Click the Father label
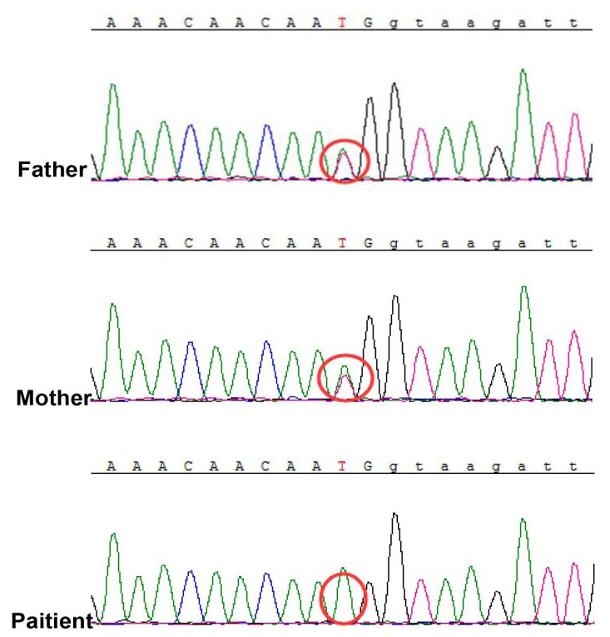(52, 169)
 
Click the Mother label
(53, 398)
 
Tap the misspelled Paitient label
(52, 620)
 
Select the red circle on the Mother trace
(345, 355)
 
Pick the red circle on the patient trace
(343, 574)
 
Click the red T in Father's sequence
(342, 22)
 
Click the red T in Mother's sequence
(342, 243)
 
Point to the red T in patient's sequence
(342, 466)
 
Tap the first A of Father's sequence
(112, 22)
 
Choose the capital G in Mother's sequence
(368, 243)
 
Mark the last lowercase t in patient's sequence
(573, 466)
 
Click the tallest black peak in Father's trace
(394, 84)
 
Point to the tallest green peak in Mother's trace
(524, 287)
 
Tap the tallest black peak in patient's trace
(394, 515)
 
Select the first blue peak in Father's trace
(190, 126)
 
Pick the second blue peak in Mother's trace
(266, 342)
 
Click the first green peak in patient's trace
(114, 535)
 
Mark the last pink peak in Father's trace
(575, 115)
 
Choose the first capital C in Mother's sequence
(188, 243)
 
